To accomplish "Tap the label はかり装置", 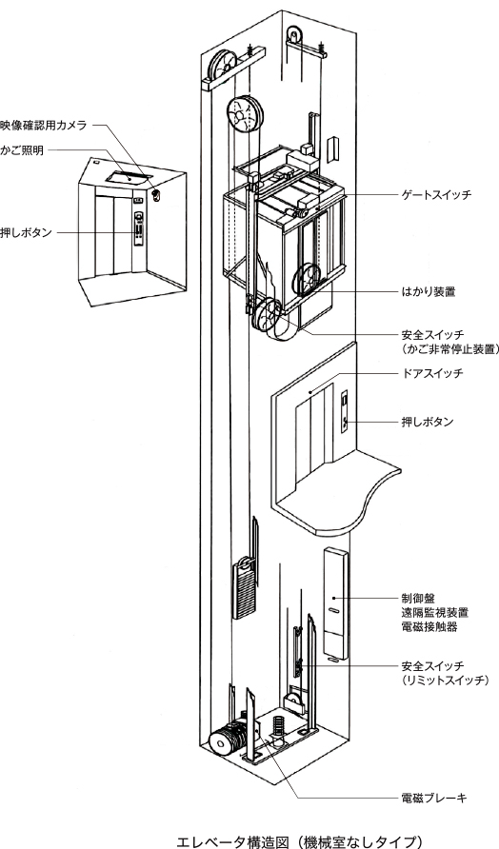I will click(x=426, y=283).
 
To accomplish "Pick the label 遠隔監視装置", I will click(x=433, y=613).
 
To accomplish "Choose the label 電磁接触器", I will click(x=428, y=627).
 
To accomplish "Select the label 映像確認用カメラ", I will click(x=46, y=125).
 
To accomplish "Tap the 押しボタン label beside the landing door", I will click(x=427, y=422).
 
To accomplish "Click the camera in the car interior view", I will click(x=155, y=195).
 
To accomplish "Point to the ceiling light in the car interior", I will click(x=125, y=175).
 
